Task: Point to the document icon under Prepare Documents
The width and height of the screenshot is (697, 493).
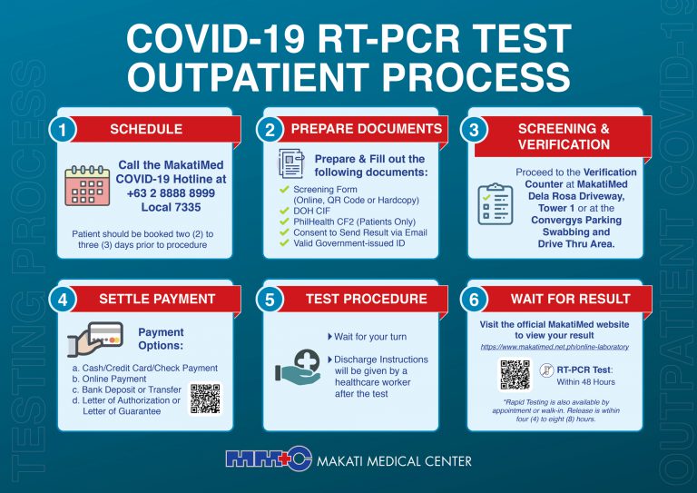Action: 290,165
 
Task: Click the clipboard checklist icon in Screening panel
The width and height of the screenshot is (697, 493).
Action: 495,203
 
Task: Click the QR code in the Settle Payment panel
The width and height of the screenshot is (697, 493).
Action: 204,398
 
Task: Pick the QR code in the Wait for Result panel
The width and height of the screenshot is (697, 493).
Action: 515,375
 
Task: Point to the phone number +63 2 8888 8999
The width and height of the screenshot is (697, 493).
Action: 172,193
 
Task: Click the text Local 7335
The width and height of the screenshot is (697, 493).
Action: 171,207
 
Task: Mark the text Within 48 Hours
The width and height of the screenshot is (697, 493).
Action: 586,383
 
